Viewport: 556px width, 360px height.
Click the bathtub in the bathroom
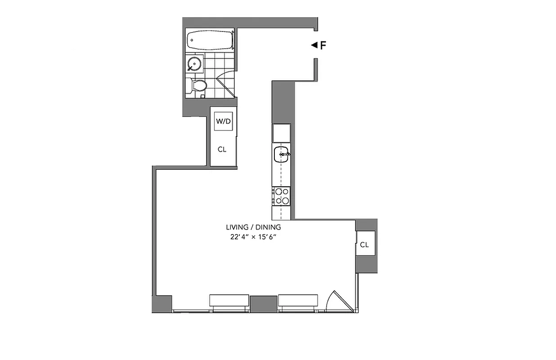coord(210,40)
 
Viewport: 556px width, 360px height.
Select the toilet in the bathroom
coord(198,85)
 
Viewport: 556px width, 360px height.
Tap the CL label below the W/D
coord(222,149)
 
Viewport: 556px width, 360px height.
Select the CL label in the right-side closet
coord(364,245)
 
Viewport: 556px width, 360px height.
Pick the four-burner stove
coord(282,196)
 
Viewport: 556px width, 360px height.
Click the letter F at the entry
coord(323,45)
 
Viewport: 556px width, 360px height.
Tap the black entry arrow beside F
coord(314,45)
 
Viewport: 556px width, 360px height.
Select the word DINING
coord(269,227)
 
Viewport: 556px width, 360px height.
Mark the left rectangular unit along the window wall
coord(229,301)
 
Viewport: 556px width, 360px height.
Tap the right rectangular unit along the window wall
coord(298,301)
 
